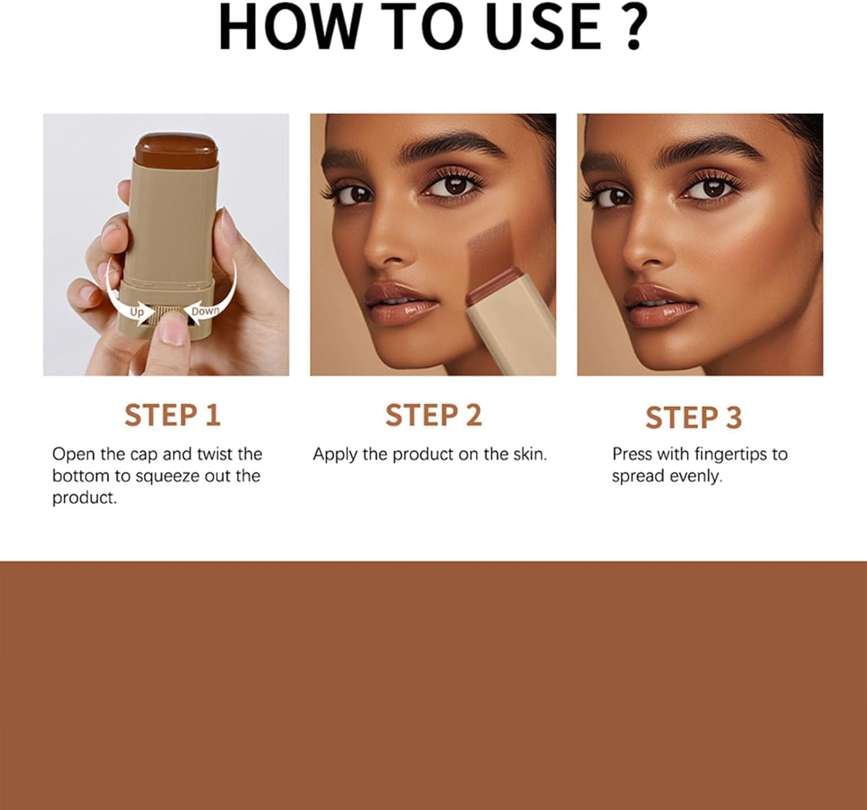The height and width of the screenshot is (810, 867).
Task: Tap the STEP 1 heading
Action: tap(172, 415)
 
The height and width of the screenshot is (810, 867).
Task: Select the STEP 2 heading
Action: tap(433, 415)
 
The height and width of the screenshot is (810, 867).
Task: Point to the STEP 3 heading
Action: tap(693, 417)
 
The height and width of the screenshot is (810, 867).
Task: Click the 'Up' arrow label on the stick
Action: tap(137, 312)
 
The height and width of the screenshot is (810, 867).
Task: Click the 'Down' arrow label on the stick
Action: tap(205, 311)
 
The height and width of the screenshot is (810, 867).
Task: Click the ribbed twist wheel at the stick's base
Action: tap(167, 315)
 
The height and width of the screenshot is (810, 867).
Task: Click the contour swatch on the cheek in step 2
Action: tap(491, 248)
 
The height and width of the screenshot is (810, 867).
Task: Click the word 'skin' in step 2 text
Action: tap(528, 454)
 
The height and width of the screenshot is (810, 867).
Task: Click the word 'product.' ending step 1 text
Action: tap(84, 498)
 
